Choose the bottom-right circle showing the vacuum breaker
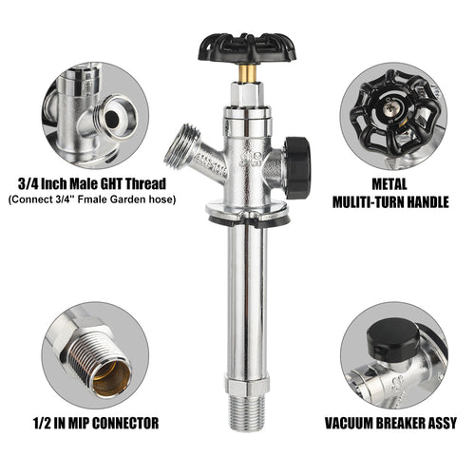[x=389, y=356]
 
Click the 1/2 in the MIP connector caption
[x=41, y=423]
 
